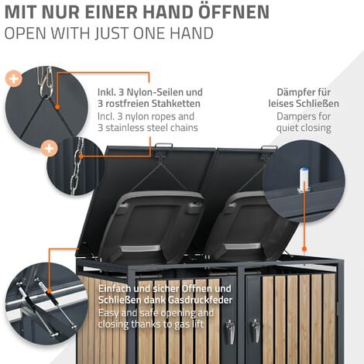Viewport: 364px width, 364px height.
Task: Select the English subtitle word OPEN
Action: [25, 33]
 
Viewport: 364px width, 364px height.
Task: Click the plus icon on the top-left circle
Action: [13, 78]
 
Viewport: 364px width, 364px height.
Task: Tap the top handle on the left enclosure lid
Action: [163, 145]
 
